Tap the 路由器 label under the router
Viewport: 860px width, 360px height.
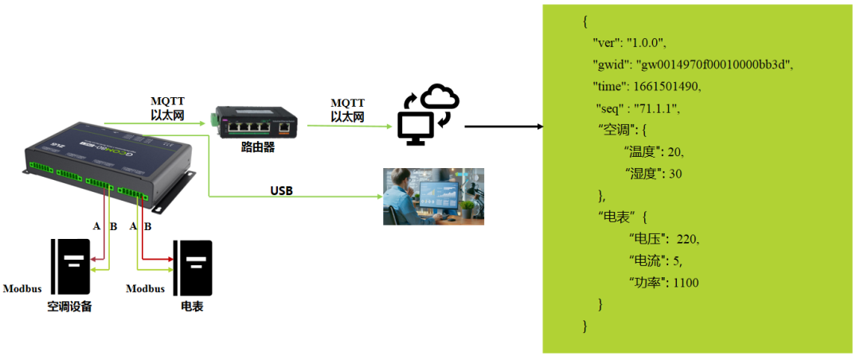pyautogui.click(x=257, y=147)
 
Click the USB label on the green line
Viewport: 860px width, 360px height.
pyautogui.click(x=281, y=190)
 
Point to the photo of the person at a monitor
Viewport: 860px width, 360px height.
pyautogui.click(x=433, y=197)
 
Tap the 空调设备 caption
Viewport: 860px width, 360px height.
pyautogui.click(x=69, y=306)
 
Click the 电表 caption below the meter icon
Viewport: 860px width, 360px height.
pyautogui.click(x=192, y=306)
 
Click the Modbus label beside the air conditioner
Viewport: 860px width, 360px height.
pyautogui.click(x=22, y=288)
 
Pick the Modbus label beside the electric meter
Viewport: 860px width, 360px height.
pyautogui.click(x=146, y=288)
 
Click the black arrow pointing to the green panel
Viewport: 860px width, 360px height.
pyautogui.click(x=503, y=127)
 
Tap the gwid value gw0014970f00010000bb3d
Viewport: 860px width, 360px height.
pyautogui.click(x=713, y=65)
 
